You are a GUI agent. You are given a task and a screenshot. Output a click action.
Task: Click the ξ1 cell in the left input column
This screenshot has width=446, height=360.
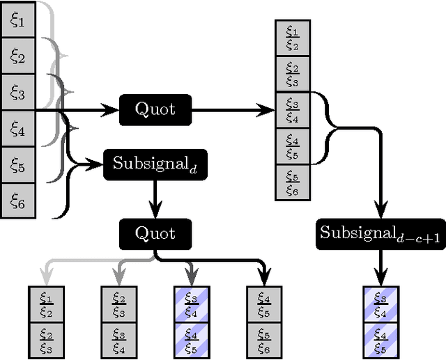17,20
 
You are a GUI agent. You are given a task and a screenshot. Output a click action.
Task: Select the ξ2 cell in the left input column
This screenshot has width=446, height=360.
17,56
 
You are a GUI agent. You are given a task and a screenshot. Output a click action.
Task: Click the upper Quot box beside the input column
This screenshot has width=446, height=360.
155,109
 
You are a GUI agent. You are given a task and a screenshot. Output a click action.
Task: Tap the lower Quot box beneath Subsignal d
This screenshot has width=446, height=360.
155,233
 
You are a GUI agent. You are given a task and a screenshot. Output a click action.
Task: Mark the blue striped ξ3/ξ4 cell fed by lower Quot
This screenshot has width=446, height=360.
192,304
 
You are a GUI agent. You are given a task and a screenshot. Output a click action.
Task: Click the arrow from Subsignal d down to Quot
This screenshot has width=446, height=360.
155,198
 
